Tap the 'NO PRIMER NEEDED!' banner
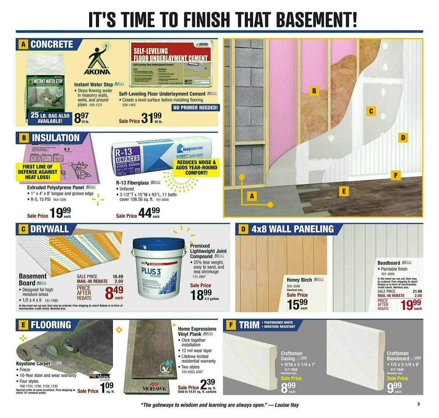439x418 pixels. [x=195, y=108]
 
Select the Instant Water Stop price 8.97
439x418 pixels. [x=81, y=118]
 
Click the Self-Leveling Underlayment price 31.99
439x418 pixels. [x=151, y=118]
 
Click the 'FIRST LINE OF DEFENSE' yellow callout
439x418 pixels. [x=38, y=172]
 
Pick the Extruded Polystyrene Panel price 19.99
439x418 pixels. [x=61, y=212]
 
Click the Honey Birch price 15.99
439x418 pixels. [x=297, y=304]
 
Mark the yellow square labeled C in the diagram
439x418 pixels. [x=371, y=111]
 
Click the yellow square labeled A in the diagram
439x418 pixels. [x=252, y=196]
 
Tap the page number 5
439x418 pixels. [x=418, y=404]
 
